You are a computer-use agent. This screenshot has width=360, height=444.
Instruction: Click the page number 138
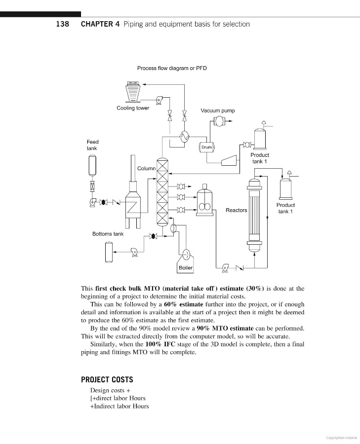[63, 24]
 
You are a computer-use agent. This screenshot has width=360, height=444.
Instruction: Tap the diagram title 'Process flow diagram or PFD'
[172, 68]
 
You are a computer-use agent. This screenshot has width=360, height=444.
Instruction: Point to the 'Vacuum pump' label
[218, 111]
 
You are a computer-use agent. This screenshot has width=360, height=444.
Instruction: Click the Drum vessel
[206, 147]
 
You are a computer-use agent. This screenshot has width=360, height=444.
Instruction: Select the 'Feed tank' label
[92, 145]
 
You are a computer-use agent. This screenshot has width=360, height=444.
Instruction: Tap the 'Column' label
[146, 168]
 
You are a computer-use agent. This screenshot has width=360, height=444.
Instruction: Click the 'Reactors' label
[236, 210]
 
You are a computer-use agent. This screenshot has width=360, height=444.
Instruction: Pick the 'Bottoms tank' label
[108, 234]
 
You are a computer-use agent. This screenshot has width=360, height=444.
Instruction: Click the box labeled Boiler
[186, 268]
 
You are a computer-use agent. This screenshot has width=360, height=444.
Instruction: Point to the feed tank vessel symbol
[92, 165]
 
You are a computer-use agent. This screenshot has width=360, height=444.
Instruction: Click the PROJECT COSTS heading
[107, 380]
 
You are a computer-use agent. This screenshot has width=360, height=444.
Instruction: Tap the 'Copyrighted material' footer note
[342, 437]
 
